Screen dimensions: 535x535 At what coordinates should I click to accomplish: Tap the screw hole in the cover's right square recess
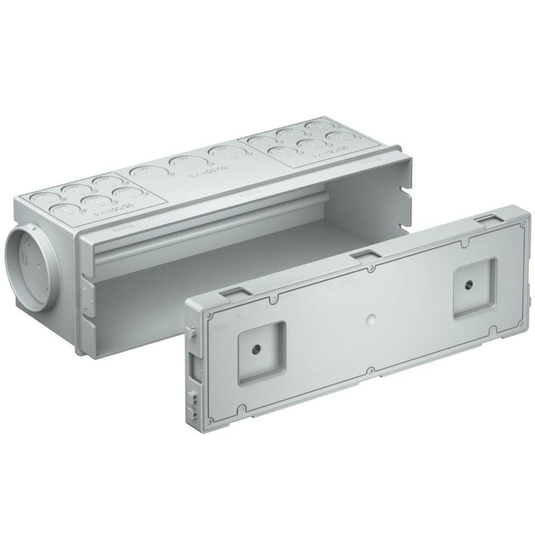coord(469,285)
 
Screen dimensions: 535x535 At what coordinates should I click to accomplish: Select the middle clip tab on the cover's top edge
coord(364,255)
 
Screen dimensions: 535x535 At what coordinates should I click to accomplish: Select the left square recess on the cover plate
coord(262,352)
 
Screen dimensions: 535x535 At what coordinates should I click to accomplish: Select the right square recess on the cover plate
coord(474,288)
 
